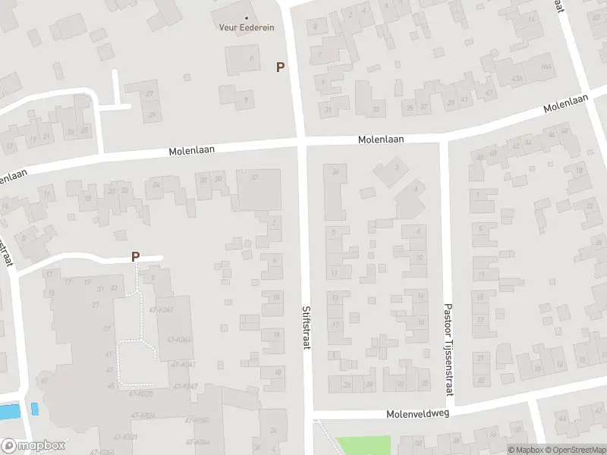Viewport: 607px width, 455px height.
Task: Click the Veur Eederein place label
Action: [247, 27]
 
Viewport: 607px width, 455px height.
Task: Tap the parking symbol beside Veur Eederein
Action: [280, 67]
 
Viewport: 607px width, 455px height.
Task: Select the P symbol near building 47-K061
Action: [135, 256]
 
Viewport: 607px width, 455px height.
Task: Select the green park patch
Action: [363, 445]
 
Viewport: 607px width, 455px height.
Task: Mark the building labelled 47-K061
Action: [162, 310]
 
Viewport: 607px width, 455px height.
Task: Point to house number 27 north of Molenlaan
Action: [149, 94]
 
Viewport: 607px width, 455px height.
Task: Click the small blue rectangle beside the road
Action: [34, 408]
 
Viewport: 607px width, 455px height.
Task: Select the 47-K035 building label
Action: [141, 394]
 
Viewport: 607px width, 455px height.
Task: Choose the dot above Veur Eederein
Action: [246, 17]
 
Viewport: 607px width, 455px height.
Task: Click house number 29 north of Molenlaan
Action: [152, 115]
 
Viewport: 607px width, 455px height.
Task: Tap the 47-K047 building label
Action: [185, 387]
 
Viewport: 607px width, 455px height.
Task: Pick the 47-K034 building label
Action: [143, 415]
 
